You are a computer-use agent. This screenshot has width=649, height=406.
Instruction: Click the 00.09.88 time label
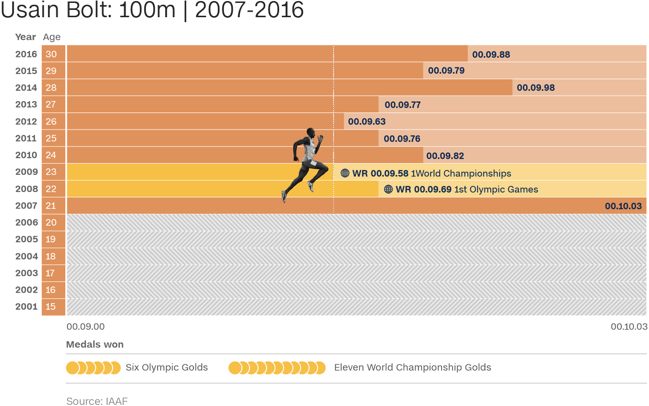[x=491, y=54]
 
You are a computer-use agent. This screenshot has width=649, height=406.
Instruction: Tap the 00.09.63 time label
[x=367, y=122]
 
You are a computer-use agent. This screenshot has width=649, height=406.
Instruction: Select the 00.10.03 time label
[x=623, y=206]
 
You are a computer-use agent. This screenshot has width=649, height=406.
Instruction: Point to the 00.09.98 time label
[x=535, y=87]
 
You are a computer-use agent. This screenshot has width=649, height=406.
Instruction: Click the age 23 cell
[x=51, y=172]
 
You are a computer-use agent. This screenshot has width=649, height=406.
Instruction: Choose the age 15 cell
[x=51, y=306]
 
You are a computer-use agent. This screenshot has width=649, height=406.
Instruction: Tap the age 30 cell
[x=51, y=54]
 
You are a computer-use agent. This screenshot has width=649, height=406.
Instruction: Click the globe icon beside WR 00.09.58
[x=345, y=173]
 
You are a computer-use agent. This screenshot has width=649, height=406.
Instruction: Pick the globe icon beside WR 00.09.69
[x=388, y=189]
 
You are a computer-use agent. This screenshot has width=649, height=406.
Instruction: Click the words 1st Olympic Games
[x=496, y=189]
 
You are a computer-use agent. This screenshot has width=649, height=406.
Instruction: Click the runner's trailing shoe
[x=284, y=195]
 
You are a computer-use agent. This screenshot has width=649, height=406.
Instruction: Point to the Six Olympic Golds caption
[x=167, y=367]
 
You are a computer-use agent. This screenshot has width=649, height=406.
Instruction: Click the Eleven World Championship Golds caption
[x=412, y=367]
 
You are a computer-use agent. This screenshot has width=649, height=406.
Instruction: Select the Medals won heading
[x=95, y=345]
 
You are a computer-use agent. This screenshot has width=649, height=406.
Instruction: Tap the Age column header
[x=51, y=37]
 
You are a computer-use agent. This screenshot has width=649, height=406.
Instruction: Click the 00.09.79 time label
[x=446, y=71]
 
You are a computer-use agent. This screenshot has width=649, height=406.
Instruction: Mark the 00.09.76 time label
[x=402, y=139]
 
